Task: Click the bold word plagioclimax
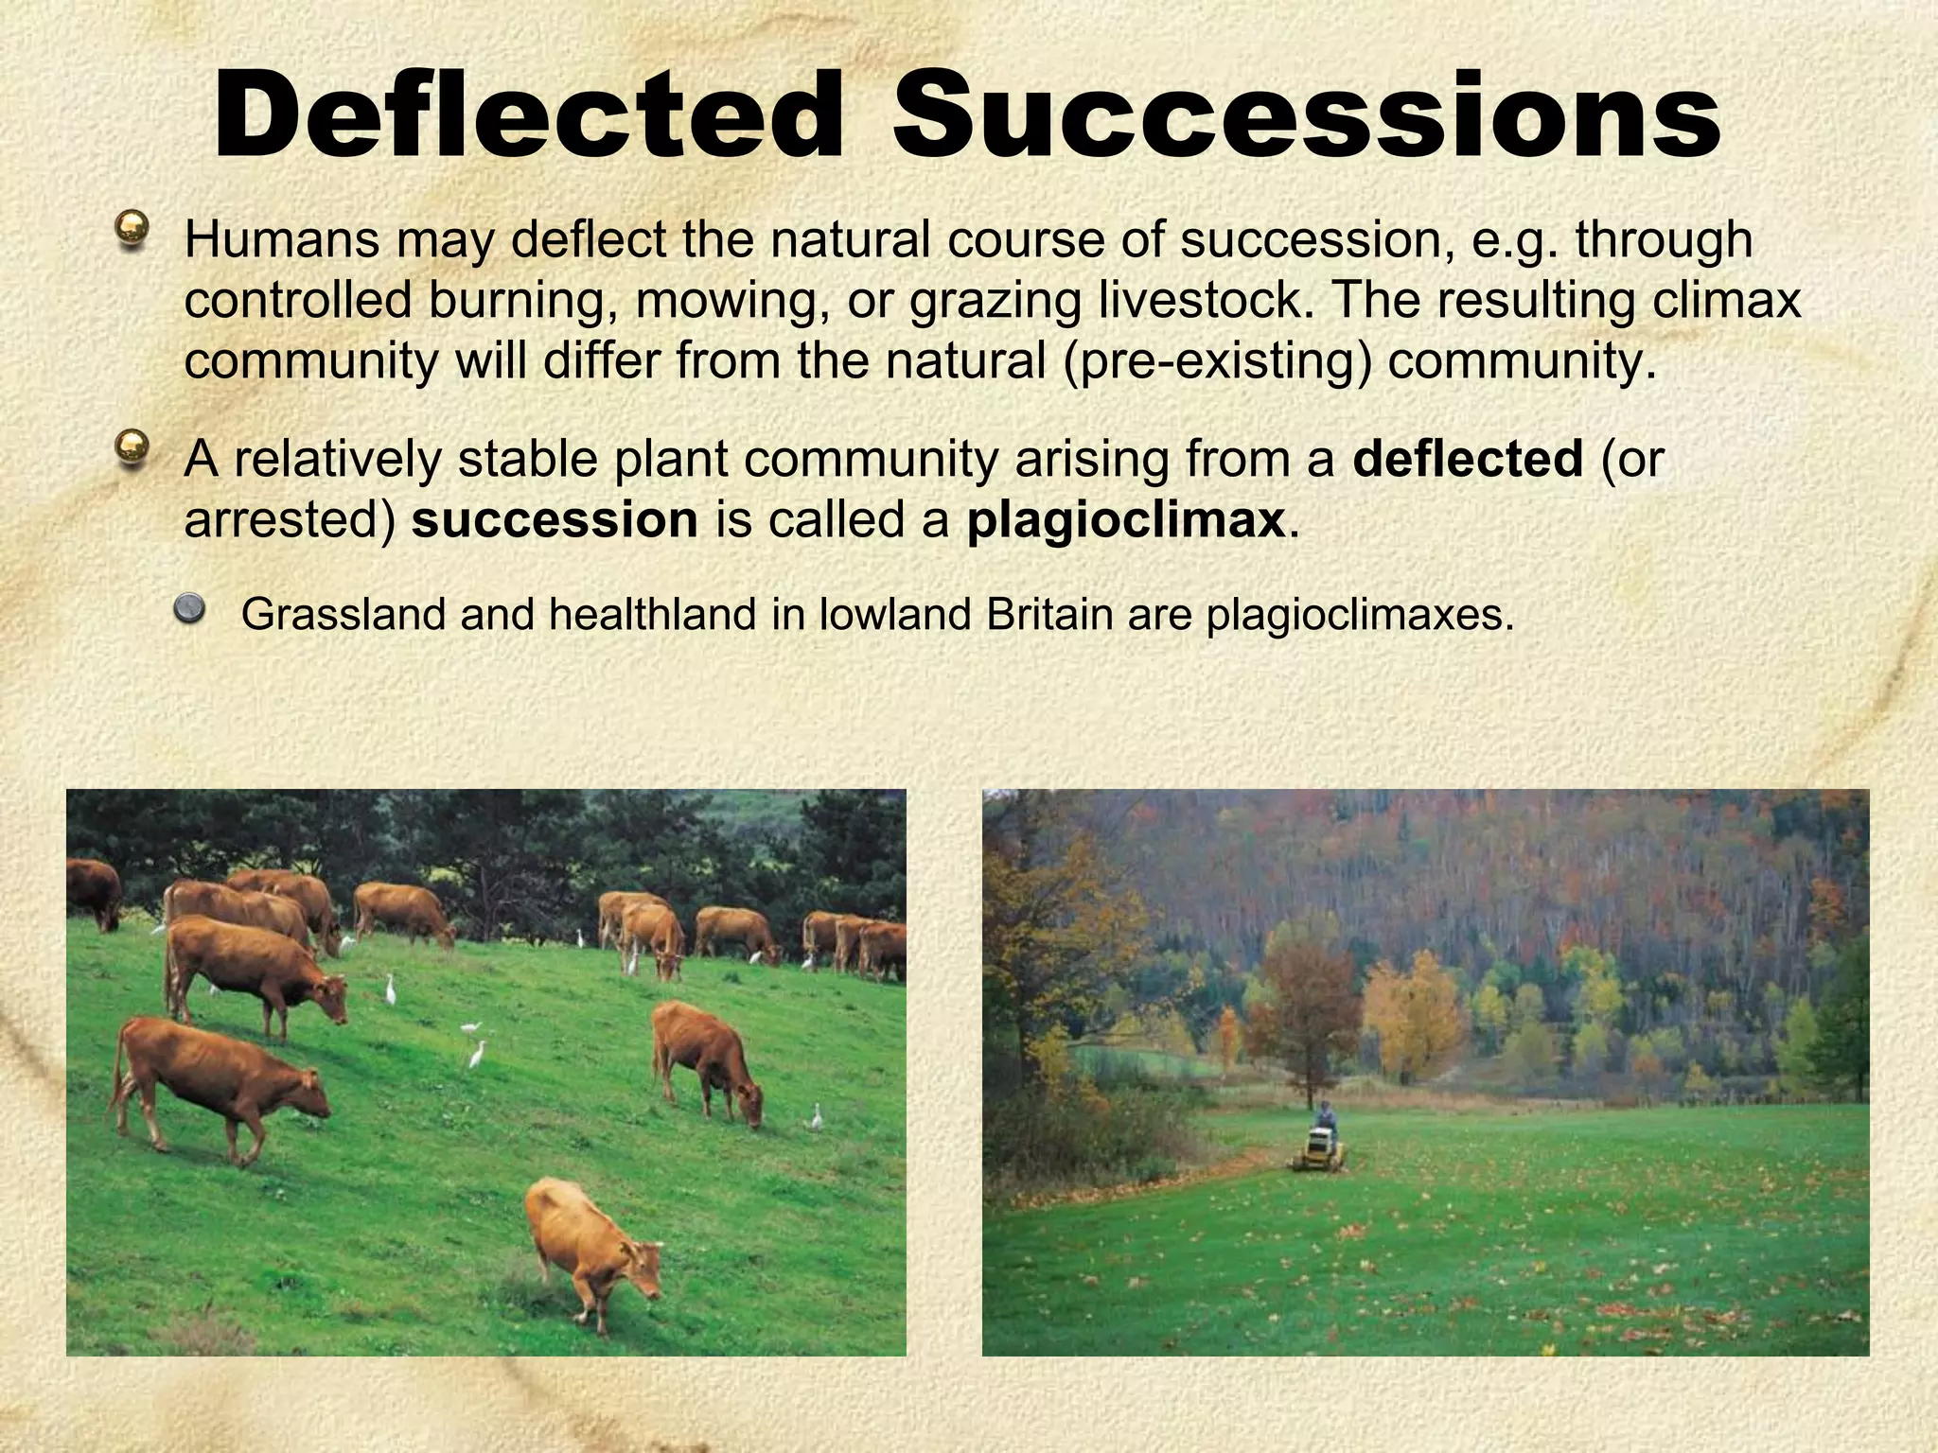(x=1126, y=520)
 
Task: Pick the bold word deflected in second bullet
(x=1468, y=459)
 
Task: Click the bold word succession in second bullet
(x=555, y=520)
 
